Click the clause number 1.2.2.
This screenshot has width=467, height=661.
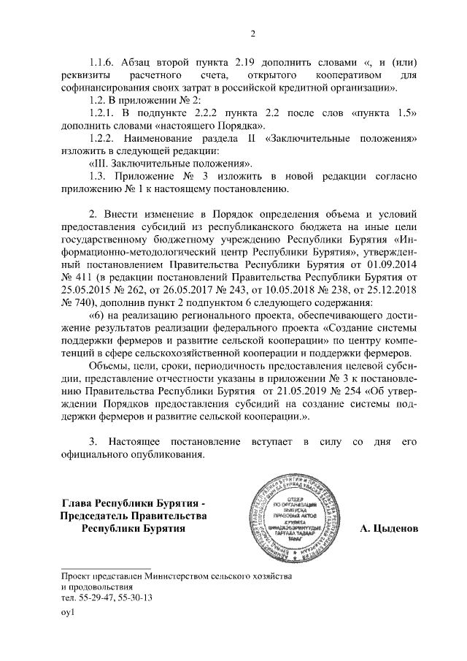pyautogui.click(x=102, y=139)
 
